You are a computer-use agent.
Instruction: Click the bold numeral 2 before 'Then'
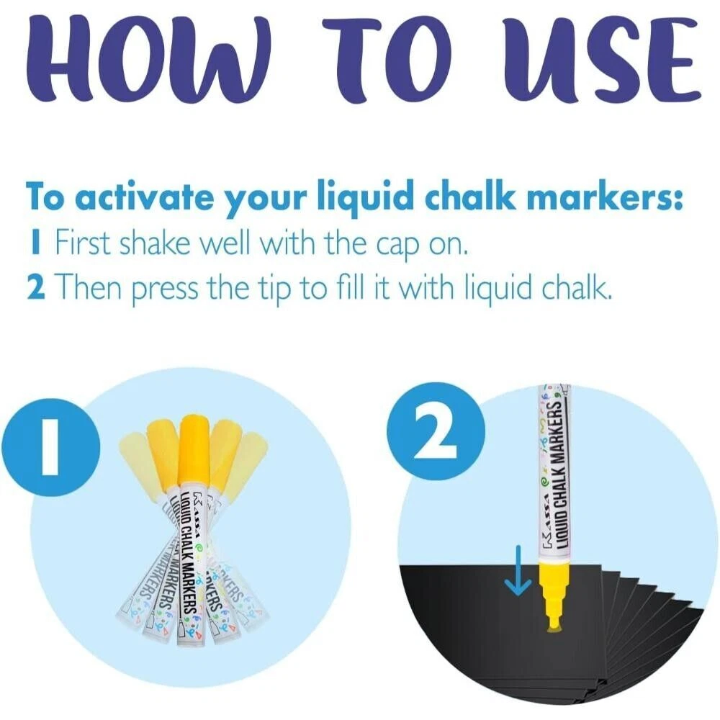pos(36,286)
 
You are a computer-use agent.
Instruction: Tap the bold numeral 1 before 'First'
pos(35,242)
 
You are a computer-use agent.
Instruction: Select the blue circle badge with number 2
pos(436,431)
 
